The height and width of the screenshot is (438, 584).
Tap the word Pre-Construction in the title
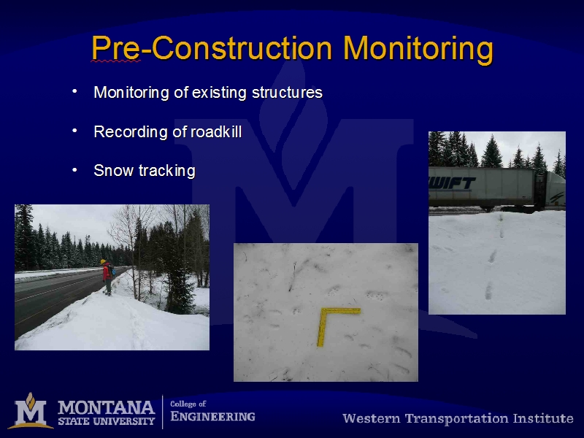click(212, 47)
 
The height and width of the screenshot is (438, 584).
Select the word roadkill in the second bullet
click(216, 131)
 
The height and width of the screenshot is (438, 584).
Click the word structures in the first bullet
click(287, 93)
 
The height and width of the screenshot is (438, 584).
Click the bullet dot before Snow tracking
click(75, 170)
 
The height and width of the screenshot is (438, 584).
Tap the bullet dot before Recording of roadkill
click(75, 131)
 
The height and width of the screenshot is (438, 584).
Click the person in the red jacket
click(107, 277)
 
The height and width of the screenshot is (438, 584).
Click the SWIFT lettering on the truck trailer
click(452, 184)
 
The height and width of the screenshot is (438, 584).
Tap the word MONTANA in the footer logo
click(106, 408)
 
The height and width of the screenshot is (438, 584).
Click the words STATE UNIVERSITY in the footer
click(106, 421)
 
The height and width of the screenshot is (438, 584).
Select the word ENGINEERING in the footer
click(212, 416)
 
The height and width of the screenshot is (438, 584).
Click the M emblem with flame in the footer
click(31, 410)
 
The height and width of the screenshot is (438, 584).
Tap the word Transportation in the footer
click(457, 418)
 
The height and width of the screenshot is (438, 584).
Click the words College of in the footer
click(188, 404)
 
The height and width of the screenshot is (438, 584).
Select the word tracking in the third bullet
click(167, 171)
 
